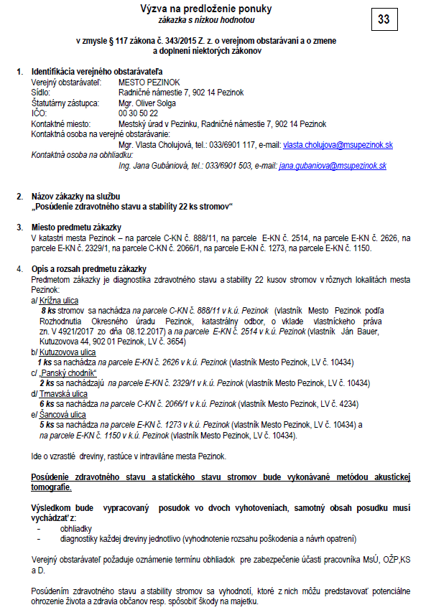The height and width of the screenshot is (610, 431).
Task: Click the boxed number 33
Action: click(384, 19)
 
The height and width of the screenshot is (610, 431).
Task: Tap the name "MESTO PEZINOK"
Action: click(147, 83)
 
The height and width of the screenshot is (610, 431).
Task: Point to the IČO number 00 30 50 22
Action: click(138, 113)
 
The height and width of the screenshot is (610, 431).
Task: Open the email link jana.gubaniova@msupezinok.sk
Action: click(333, 166)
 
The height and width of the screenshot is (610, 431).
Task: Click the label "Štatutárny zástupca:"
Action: click(66, 103)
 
